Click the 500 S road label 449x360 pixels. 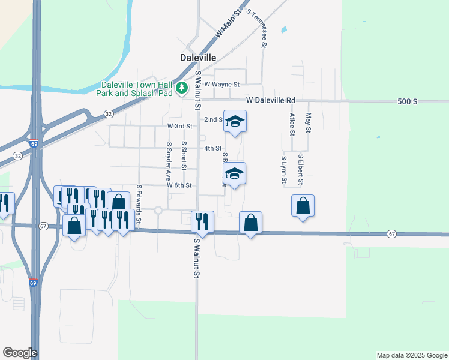pyautogui.click(x=407, y=101)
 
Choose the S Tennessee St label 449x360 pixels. pyautogui.click(x=263, y=29)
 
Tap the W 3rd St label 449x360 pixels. pyautogui.click(x=179, y=127)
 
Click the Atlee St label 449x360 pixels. pyautogui.click(x=292, y=124)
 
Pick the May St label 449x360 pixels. pyautogui.click(x=308, y=124)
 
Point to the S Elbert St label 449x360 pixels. pyautogui.click(x=300, y=170)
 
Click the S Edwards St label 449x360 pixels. pyautogui.click(x=139, y=204)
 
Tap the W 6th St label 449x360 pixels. pyautogui.click(x=179, y=186)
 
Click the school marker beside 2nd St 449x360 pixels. pyautogui.click(x=235, y=122)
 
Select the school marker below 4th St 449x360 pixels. pyautogui.click(x=234, y=174)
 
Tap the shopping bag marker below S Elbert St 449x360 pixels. pyautogui.click(x=303, y=206)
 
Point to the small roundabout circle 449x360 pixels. pyautogui.click(x=158, y=210)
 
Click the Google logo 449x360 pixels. pyautogui.click(x=20, y=353)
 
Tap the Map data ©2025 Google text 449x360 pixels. pyautogui.click(x=411, y=355)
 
